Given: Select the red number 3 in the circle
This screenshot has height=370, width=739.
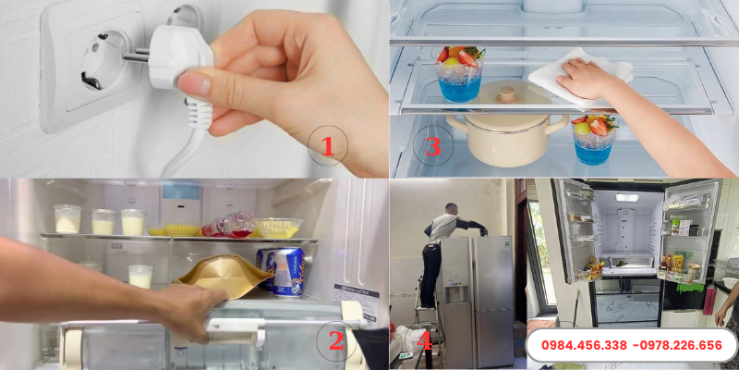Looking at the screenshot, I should coord(432,145).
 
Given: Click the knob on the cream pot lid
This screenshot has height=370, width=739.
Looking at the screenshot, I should coord(505,93).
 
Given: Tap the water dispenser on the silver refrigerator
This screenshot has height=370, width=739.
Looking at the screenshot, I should coord(454,295).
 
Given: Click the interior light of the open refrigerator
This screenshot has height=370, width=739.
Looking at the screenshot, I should coord(627,197).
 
